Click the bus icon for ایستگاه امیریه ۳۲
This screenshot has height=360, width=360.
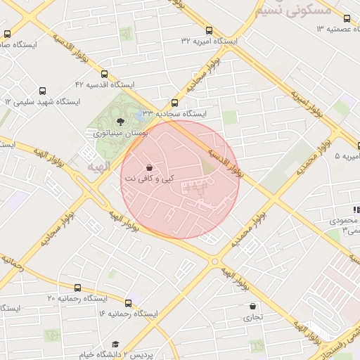(x=209, y=30)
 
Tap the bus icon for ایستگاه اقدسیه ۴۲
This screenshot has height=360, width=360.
(x=105, y=74)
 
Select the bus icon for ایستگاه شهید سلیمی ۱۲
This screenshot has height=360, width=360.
(x=43, y=91)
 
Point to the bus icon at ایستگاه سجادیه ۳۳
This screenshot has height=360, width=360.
(x=175, y=103)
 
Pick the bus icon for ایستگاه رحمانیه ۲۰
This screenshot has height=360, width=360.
(x=77, y=288)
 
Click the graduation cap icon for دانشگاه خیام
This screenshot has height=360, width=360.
(x=115, y=344)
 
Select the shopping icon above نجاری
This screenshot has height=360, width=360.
(x=252, y=307)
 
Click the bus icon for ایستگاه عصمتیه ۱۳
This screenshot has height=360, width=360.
(x=346, y=18)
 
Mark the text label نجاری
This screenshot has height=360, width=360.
(x=252, y=317)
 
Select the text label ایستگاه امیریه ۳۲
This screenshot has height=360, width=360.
(x=209, y=41)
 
